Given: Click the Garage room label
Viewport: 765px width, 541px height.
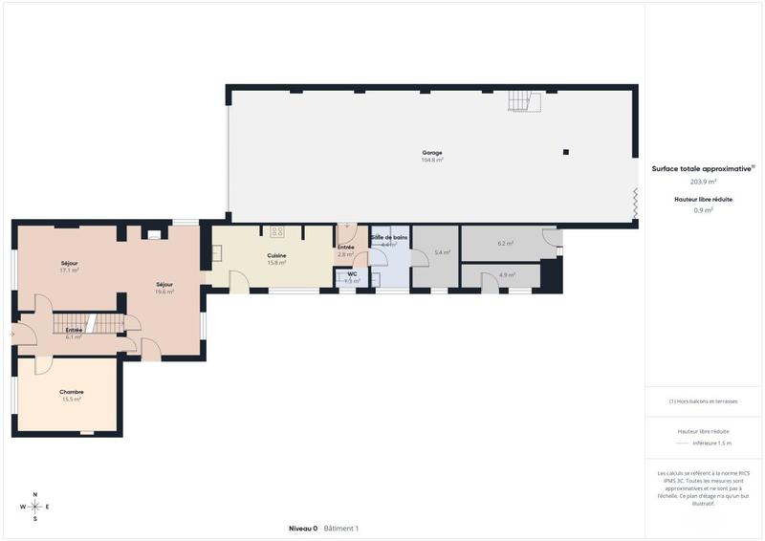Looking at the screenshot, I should click(432, 153).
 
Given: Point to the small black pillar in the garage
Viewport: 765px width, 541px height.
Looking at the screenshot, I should click(566, 152).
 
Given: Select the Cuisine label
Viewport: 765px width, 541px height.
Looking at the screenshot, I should click(277, 256).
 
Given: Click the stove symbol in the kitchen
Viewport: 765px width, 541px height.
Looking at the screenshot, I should click(277, 230).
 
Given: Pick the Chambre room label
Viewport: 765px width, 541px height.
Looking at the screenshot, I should click(72, 392).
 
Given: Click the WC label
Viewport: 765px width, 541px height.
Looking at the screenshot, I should click(352, 274).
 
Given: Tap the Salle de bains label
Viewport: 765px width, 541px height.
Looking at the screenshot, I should click(389, 237).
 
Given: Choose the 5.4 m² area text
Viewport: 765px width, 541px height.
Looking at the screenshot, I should click(442, 252).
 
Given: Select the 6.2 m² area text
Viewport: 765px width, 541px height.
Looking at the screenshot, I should click(506, 244).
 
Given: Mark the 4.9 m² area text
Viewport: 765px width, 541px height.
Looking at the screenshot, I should click(507, 275).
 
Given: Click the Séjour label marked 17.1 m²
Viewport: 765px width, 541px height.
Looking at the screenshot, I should click(69, 263).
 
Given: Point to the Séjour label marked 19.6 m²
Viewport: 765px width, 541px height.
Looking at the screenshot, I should click(164, 285).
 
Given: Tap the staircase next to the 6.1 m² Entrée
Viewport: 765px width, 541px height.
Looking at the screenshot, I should click(86, 323).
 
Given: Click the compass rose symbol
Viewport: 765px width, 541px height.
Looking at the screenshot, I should click(35, 506).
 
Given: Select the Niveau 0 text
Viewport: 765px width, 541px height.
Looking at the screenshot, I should click(302, 529).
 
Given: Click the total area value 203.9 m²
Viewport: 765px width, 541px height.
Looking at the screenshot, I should click(704, 181).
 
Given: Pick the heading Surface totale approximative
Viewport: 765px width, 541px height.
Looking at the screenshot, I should click(702, 167).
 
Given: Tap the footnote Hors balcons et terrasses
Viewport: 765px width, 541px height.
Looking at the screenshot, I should click(704, 401).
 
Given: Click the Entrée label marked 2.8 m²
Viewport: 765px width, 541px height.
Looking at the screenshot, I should click(346, 248).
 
